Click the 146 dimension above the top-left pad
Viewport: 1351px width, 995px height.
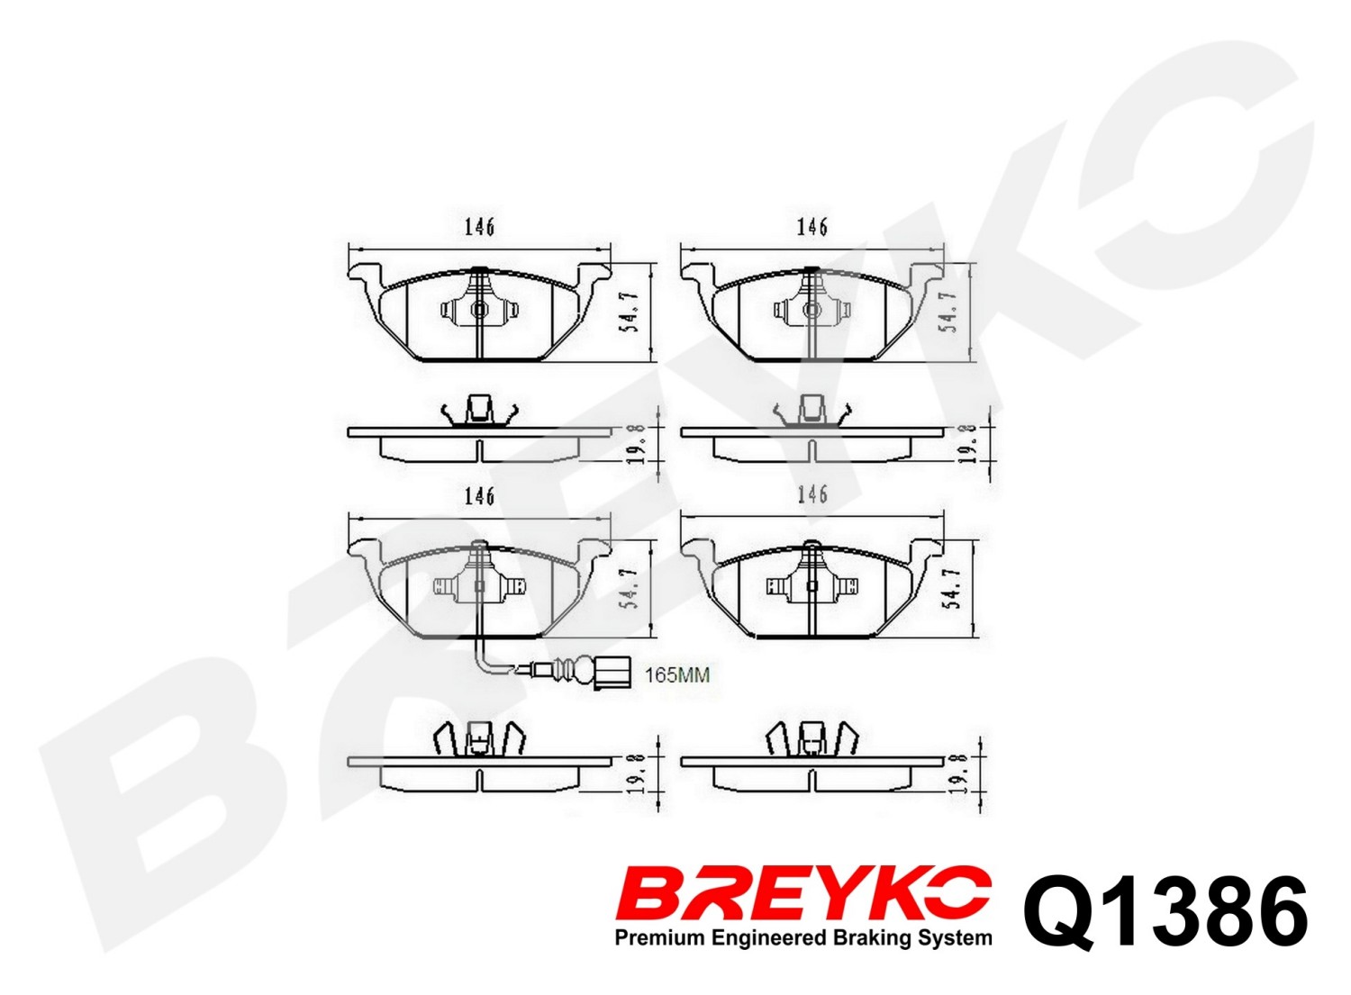[x=480, y=228]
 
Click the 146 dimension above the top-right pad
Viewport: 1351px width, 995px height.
[x=812, y=227]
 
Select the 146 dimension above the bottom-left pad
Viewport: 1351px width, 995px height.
[x=480, y=496]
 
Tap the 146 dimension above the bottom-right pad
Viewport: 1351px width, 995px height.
[x=812, y=494]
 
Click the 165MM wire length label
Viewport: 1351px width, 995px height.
[x=677, y=674]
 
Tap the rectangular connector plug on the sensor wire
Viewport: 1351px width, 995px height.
[x=612, y=674]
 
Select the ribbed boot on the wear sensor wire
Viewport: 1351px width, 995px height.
[x=564, y=669]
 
